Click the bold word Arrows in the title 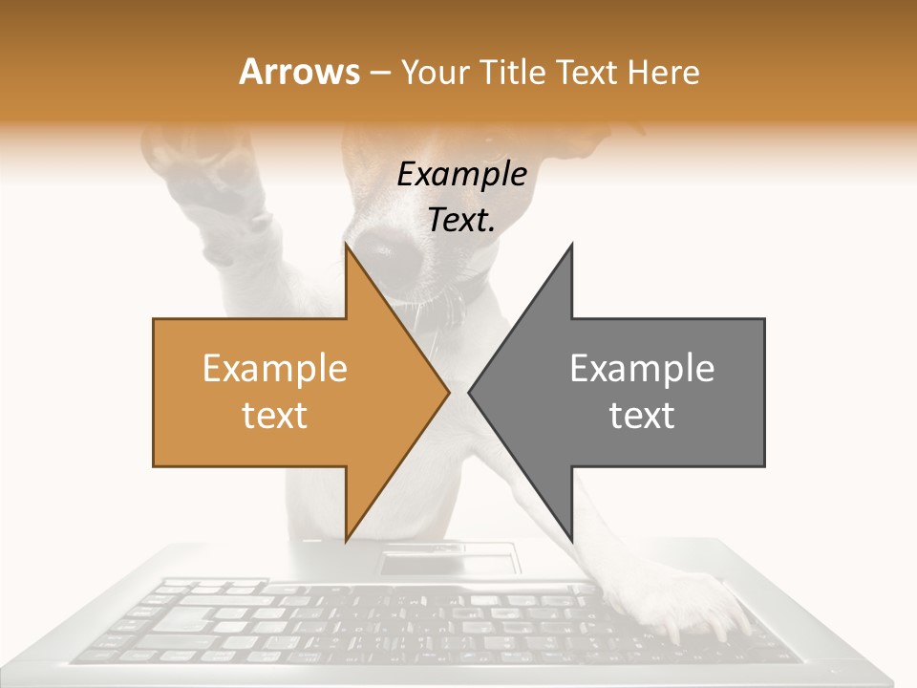[299, 73]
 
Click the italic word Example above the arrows [461, 175]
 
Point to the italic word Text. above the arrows [461, 221]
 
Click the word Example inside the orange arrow [274, 369]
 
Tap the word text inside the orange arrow [274, 416]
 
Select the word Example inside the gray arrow [642, 369]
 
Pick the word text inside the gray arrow [642, 416]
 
